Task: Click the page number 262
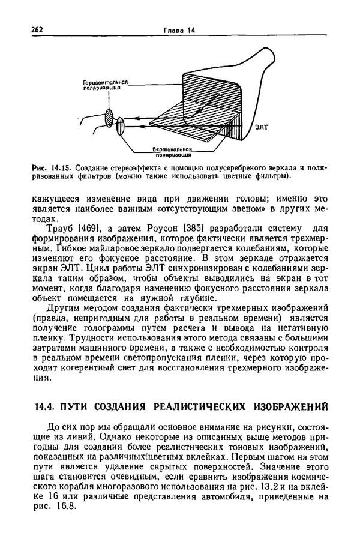click(x=39, y=30)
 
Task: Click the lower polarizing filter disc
click(x=120, y=127)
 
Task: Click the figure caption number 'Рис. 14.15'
click(x=52, y=167)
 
